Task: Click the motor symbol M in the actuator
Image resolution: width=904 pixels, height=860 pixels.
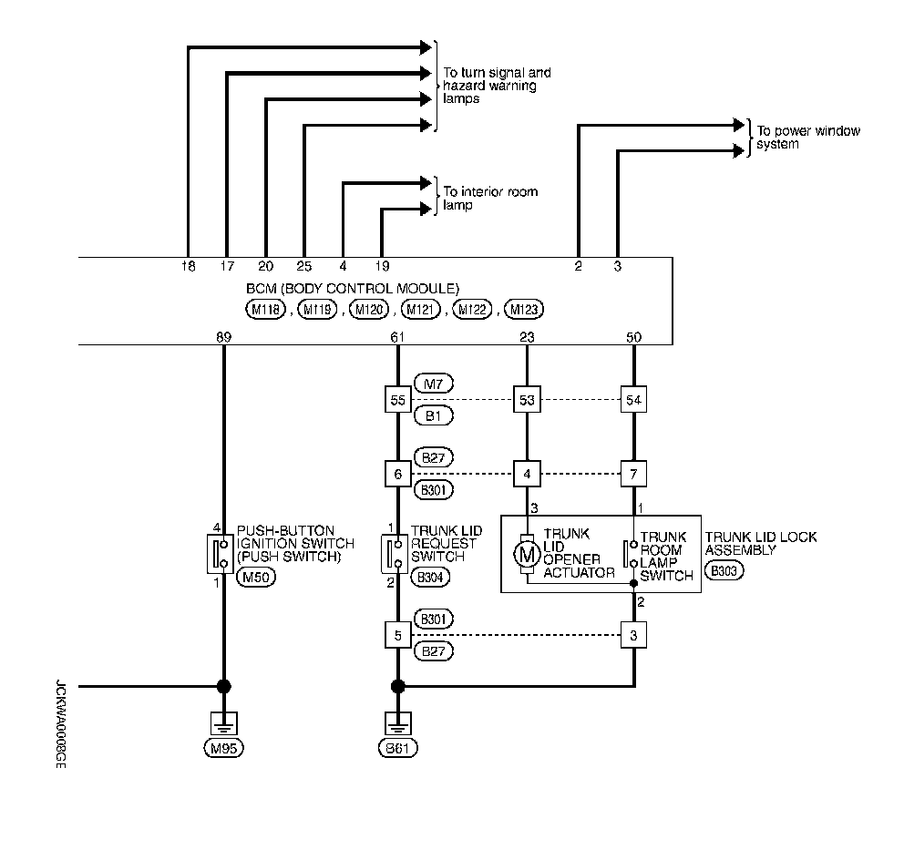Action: coord(527,555)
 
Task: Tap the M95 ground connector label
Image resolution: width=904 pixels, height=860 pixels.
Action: coord(223,748)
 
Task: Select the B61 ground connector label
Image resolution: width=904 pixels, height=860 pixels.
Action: coord(398,748)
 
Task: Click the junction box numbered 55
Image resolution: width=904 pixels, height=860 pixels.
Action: coord(398,399)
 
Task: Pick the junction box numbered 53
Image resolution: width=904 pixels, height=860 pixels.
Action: coord(527,399)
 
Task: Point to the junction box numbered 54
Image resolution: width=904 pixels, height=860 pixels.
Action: coord(633,399)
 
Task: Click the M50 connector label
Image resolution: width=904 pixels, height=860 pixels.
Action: coord(256,577)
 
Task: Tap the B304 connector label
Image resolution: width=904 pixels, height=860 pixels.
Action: coord(430,577)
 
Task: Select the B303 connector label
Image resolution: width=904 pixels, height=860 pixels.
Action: coord(724,570)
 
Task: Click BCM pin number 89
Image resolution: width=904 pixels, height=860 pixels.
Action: coord(223,337)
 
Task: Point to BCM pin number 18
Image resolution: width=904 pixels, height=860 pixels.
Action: coord(188,266)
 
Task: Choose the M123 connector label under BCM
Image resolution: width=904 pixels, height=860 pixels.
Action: coord(524,310)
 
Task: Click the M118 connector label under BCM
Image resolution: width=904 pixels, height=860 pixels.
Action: coord(266,310)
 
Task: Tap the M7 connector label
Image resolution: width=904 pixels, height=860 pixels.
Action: coord(434,384)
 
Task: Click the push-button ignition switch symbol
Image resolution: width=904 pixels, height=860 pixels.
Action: coord(220,554)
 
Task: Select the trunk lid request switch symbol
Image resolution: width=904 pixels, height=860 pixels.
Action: coord(394,554)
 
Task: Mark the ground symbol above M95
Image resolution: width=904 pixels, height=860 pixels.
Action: coord(223,722)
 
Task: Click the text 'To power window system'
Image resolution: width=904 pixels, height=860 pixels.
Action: coord(808,138)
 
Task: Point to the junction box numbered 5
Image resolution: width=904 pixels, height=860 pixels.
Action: coord(398,635)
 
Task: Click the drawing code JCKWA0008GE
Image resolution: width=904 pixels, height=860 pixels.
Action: coord(60,724)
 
